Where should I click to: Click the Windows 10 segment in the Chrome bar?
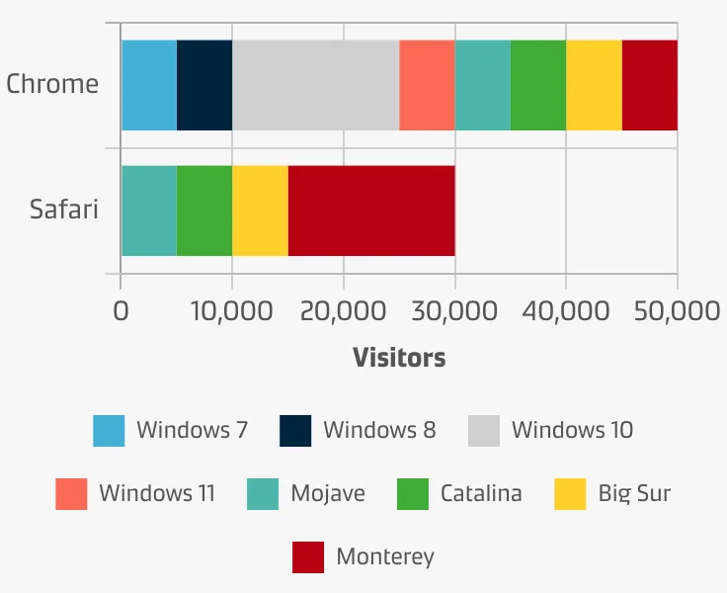(315, 85)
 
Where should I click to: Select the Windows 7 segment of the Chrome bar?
(148, 85)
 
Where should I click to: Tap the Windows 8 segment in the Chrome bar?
(204, 85)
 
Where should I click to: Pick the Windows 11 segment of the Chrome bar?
(427, 85)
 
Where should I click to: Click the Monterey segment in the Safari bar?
(371, 211)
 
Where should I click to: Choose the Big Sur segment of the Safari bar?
(260, 211)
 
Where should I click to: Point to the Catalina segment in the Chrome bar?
(538, 85)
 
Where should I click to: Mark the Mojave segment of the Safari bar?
(148, 211)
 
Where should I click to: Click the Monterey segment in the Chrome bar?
(650, 85)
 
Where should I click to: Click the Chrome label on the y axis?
(52, 83)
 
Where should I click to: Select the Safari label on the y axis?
(64, 210)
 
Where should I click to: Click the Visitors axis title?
(399, 358)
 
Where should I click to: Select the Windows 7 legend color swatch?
(109, 431)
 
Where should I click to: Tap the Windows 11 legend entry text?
(157, 493)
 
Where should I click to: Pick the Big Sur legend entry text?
(634, 493)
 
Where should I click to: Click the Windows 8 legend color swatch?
(295, 431)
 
